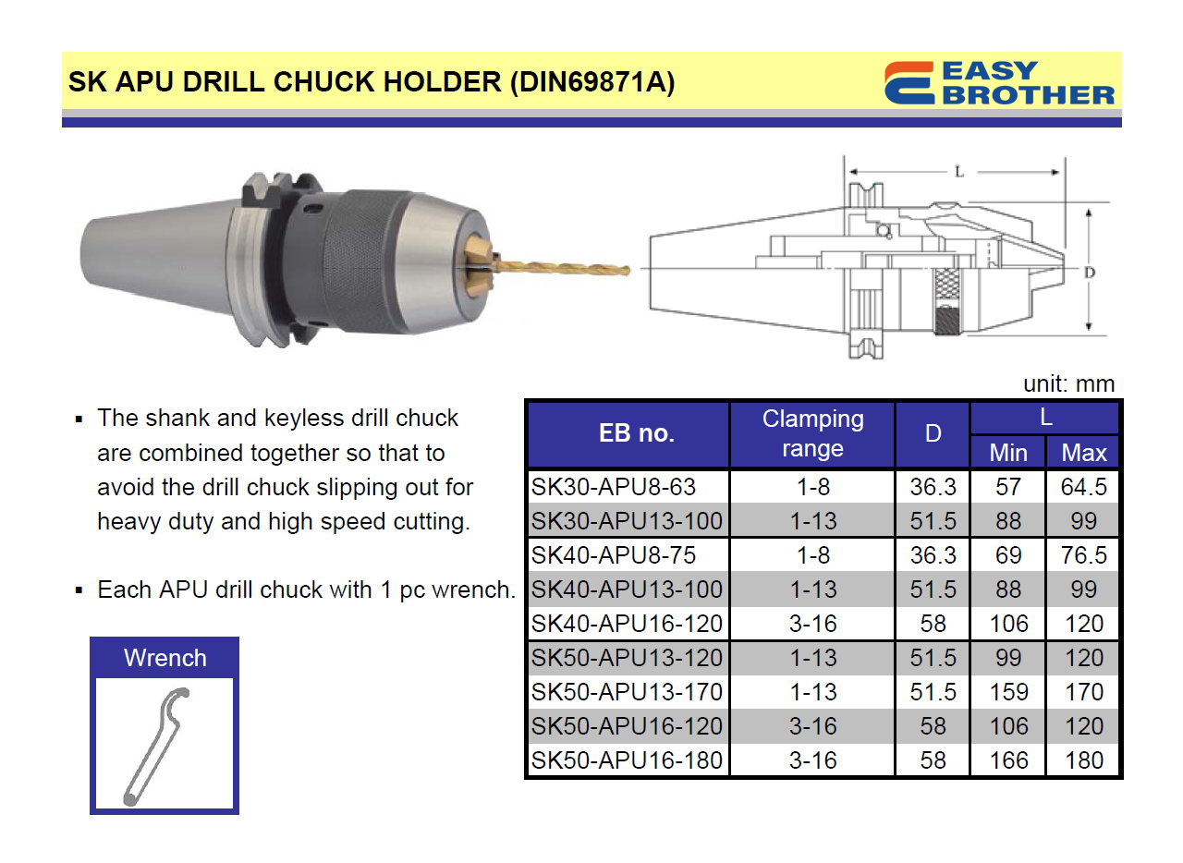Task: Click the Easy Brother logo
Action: click(x=999, y=82)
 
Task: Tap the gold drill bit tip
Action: click(x=628, y=271)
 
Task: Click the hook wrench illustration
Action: click(x=156, y=746)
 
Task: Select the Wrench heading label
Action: click(x=165, y=658)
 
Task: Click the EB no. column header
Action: click(x=637, y=433)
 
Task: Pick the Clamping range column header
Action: click(x=812, y=433)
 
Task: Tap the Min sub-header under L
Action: click(x=1008, y=453)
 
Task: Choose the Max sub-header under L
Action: click(x=1084, y=453)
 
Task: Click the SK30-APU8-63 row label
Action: click(x=613, y=487)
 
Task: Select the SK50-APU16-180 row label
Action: click(x=627, y=760)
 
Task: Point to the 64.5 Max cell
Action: click(x=1084, y=487)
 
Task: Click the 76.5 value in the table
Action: click(x=1084, y=555)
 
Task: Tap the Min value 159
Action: click(x=1008, y=692)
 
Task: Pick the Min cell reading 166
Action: click(x=1008, y=760)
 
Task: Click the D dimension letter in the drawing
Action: click(x=1090, y=273)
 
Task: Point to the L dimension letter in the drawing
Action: click(x=959, y=172)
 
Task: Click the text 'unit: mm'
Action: click(x=1069, y=384)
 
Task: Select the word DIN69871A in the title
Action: click(x=592, y=82)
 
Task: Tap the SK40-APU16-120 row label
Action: click(x=627, y=624)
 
